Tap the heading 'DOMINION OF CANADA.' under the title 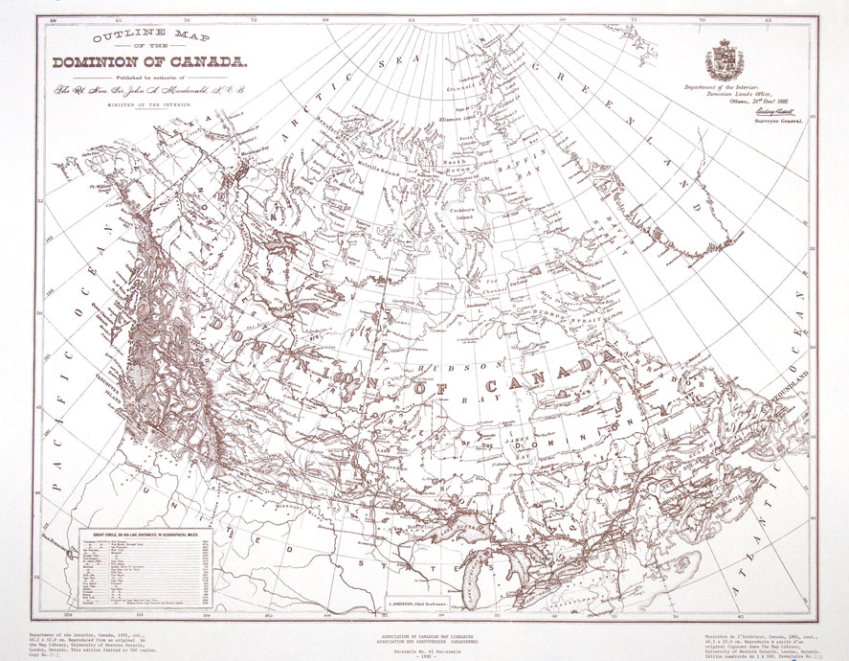150,64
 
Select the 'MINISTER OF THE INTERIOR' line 152,103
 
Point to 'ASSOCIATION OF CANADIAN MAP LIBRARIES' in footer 425,634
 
